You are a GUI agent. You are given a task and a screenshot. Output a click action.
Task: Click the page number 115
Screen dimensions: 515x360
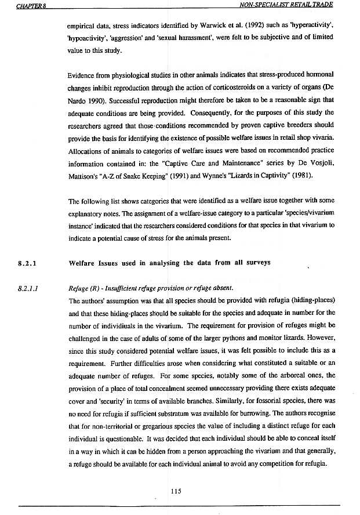click(177, 491)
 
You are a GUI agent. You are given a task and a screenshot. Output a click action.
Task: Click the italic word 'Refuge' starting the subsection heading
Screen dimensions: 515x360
click(78, 288)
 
